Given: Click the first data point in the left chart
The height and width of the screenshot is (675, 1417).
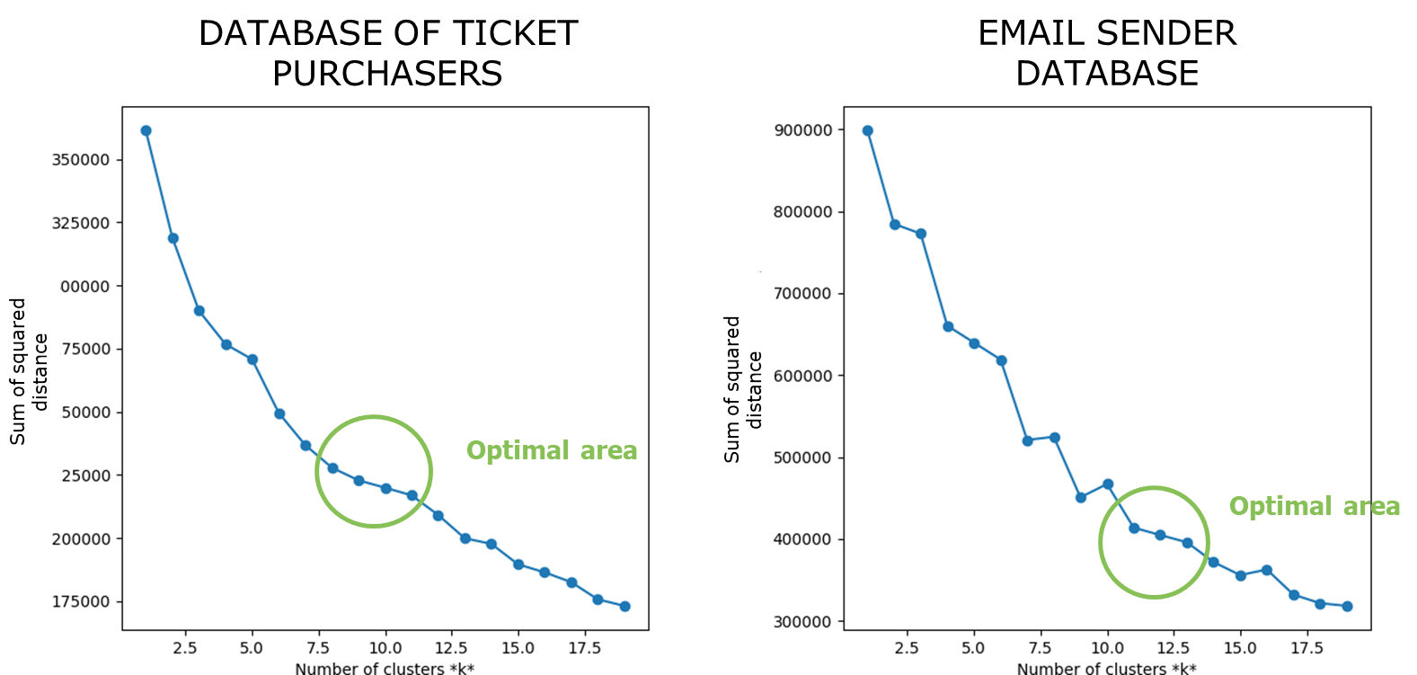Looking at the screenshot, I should (x=146, y=131).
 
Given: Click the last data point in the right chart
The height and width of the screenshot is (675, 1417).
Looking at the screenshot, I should (x=1347, y=607).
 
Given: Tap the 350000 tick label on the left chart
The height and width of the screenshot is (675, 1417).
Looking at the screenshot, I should (x=81, y=160).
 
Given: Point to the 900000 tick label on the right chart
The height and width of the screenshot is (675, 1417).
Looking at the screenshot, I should (x=802, y=130).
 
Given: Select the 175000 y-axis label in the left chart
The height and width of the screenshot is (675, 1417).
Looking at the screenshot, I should (x=81, y=602).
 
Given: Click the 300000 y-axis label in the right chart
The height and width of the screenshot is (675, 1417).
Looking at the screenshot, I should (x=802, y=622).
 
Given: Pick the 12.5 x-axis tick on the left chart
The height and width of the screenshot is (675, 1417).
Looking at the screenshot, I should (x=451, y=648).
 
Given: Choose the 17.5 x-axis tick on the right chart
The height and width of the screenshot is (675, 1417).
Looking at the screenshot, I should (x=1306, y=648).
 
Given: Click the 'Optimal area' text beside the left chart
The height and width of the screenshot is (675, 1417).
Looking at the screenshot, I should (x=551, y=450).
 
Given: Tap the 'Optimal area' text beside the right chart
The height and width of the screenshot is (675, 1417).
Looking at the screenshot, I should (x=1314, y=507).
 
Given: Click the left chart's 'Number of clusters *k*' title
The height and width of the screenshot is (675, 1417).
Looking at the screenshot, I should (x=385, y=668).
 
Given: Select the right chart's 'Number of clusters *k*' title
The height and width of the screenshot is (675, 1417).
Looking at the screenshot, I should (x=1106, y=668).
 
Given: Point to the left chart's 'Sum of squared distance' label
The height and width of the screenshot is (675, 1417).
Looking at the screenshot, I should (x=28, y=371).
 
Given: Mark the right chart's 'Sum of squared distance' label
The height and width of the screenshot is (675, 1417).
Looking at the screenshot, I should (x=742, y=389).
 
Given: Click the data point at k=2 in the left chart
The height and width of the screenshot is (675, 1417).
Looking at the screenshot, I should (x=173, y=238).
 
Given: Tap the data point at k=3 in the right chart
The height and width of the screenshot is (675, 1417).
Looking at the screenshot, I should (x=921, y=234).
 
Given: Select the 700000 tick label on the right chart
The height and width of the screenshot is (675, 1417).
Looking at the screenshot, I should (x=802, y=294).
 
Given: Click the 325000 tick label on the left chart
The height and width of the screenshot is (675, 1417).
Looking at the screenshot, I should (x=81, y=223).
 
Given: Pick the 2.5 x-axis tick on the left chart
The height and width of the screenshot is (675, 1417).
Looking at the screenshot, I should (x=185, y=648).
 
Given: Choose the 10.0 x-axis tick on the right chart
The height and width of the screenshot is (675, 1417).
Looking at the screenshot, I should (x=1107, y=648).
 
